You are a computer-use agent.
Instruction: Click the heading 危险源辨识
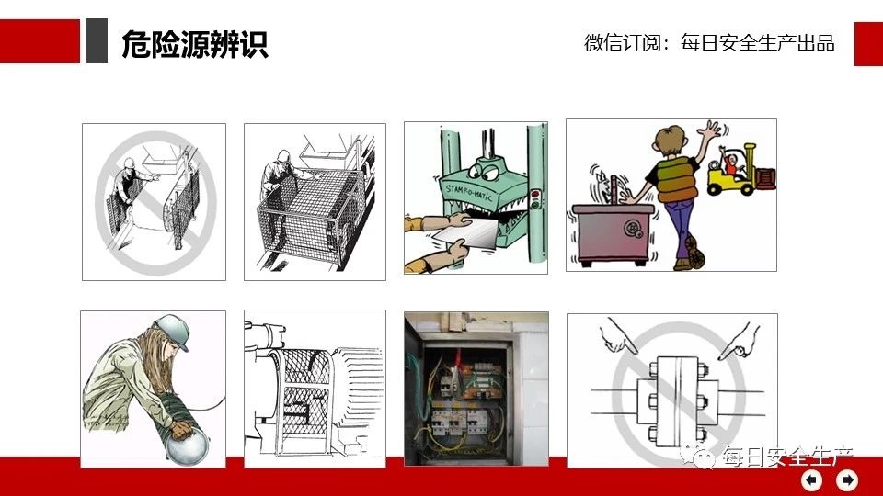point(195,44)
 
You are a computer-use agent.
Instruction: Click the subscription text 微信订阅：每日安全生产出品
point(709,43)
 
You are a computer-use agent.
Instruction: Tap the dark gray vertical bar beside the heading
point(97,40)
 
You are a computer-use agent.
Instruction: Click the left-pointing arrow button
point(811,480)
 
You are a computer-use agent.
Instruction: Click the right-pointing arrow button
point(847,480)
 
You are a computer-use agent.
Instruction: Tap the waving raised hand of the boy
point(710,131)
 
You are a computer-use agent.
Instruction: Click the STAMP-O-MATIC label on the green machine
point(468,191)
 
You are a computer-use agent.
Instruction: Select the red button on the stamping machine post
point(535,195)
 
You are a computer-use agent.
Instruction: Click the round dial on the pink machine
point(633,229)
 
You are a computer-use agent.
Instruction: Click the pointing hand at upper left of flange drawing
point(617,336)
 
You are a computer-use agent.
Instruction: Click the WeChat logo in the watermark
point(698,456)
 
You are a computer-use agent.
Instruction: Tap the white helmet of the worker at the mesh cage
point(283,154)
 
